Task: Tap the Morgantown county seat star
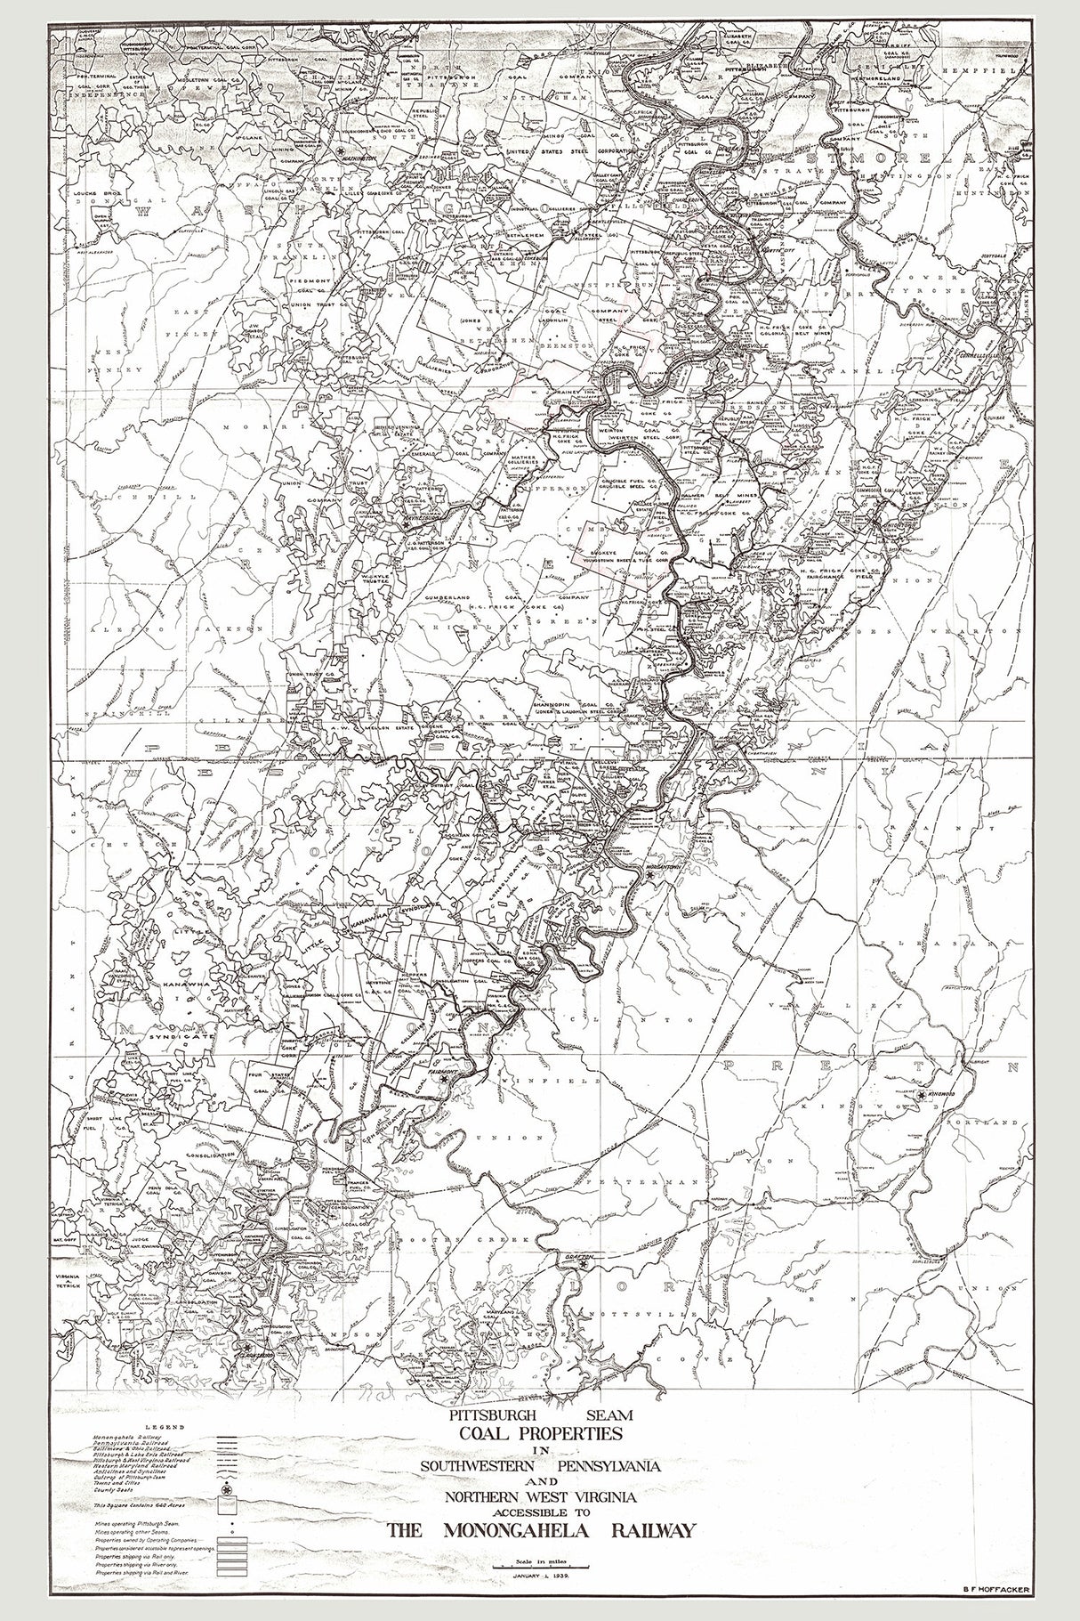650,877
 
